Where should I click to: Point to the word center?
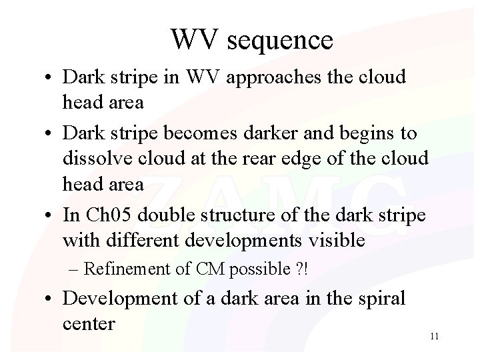click(x=89, y=324)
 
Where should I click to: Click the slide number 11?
click(x=434, y=336)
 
